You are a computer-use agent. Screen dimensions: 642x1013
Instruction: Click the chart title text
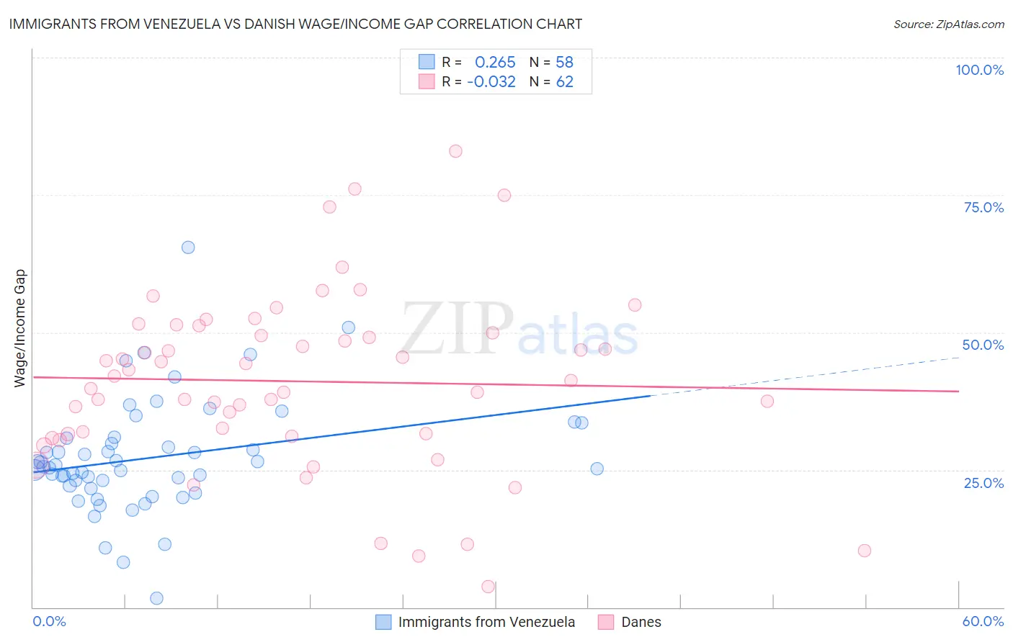(x=295, y=24)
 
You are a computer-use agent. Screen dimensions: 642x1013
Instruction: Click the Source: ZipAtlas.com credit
(x=948, y=24)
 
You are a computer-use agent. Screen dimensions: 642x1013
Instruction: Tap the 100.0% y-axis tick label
(x=979, y=70)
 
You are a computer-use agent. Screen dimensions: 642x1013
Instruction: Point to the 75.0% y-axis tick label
(x=983, y=207)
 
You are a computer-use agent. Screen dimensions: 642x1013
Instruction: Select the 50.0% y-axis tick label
(x=983, y=345)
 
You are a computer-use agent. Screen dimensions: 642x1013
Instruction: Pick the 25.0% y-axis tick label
(x=983, y=482)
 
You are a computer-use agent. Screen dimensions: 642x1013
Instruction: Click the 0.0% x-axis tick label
(x=49, y=621)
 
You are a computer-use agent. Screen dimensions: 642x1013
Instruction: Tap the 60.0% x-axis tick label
(x=983, y=621)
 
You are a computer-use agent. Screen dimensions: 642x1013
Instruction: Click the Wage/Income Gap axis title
(x=19, y=328)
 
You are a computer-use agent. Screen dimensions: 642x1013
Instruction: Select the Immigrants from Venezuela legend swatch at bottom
(x=383, y=622)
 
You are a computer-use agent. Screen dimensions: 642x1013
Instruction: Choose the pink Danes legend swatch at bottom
(x=606, y=622)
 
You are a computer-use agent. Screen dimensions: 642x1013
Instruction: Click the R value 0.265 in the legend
(x=495, y=63)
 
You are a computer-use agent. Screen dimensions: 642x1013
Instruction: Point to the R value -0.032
(x=491, y=82)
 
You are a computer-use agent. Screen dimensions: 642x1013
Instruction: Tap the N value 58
(x=564, y=63)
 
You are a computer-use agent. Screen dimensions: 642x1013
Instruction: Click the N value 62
(x=564, y=82)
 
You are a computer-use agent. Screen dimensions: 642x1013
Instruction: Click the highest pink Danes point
(x=455, y=151)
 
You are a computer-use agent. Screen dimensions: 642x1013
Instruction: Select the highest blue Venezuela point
(x=188, y=248)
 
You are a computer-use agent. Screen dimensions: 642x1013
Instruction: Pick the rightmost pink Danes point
(x=865, y=551)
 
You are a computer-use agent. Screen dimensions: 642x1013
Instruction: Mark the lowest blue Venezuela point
(x=156, y=598)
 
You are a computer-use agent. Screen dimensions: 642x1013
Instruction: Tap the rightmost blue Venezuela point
(x=597, y=469)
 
